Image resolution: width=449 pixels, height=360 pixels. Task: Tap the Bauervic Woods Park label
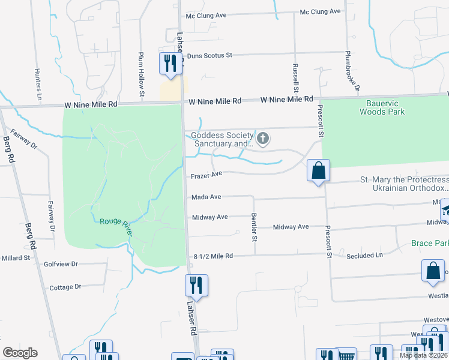click(382, 107)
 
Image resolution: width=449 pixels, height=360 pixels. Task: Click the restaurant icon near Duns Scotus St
click(170, 63)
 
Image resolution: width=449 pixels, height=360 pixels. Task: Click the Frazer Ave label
click(206, 175)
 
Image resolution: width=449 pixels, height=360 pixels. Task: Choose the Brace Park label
click(430, 243)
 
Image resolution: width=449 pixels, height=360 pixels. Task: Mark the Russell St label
click(295, 76)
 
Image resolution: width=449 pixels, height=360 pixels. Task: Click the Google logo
click(20, 353)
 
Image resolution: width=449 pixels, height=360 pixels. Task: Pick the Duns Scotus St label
click(209, 56)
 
